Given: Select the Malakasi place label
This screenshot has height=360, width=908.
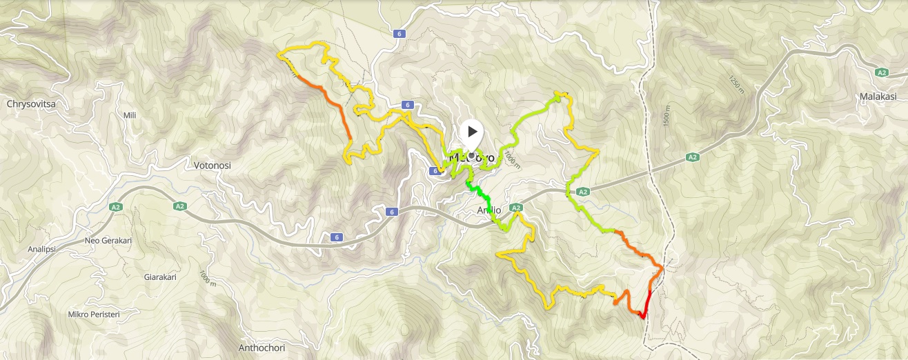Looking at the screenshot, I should [x=879, y=97].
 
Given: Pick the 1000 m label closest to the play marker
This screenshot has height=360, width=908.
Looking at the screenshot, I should [x=510, y=159].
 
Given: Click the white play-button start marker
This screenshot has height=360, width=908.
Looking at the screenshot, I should [x=472, y=131].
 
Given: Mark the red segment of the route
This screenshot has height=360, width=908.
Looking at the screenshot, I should [x=647, y=304].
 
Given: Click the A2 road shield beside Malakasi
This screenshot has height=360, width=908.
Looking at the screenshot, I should [x=881, y=72].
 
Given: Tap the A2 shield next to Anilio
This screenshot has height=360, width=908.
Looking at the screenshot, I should [x=516, y=207].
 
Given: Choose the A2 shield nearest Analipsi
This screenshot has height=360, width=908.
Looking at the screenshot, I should [x=116, y=206].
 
